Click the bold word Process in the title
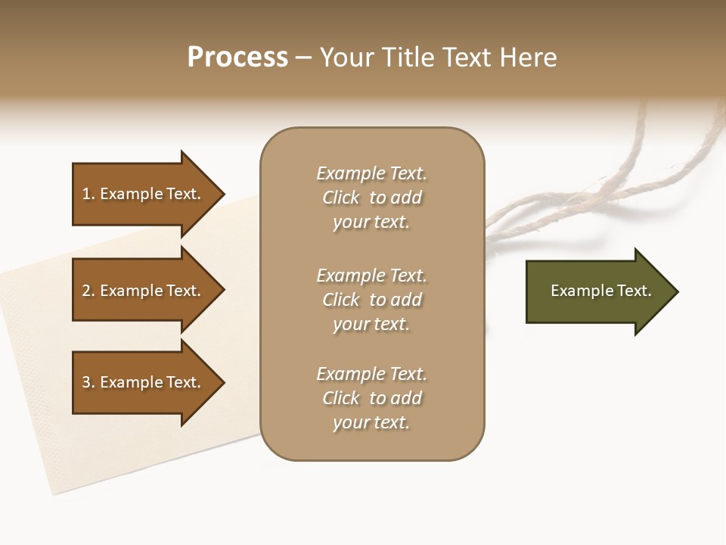tap(237, 58)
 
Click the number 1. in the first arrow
tap(88, 194)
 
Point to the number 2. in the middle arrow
tap(88, 291)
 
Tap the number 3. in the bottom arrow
tap(88, 382)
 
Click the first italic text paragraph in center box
tap(371, 198)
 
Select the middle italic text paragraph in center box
tap(371, 300)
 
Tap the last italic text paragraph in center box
tap(371, 398)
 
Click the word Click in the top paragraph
tap(341, 198)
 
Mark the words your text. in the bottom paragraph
tap(371, 422)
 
